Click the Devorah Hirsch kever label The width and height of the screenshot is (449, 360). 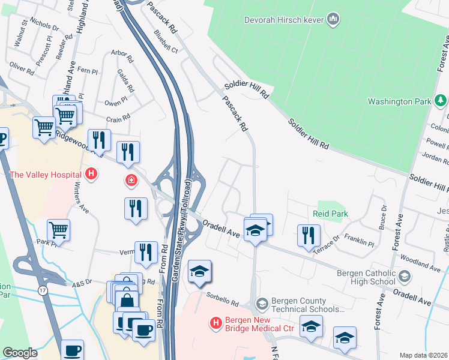point(284,20)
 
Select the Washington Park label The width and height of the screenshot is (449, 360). point(399,101)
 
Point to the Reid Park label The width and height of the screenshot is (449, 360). point(330,214)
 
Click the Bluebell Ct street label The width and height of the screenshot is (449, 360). point(166,41)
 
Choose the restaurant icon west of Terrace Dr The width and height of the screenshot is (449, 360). point(309,235)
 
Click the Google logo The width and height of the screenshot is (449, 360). point(20,353)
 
